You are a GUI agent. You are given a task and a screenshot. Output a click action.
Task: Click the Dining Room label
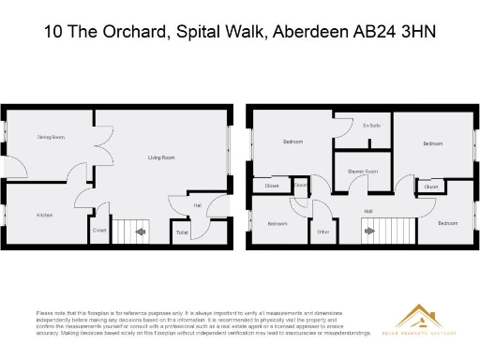[x=51, y=137]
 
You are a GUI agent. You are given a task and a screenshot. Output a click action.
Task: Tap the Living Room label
[x=161, y=157]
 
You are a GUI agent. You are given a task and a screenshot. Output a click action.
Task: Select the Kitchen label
[x=44, y=215]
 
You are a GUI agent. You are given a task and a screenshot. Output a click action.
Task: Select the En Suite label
[x=371, y=125]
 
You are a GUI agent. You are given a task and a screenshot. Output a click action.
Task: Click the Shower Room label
[x=362, y=172]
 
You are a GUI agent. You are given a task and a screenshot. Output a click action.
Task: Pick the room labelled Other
[x=323, y=231]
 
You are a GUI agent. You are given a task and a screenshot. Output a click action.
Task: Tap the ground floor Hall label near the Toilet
[x=198, y=204]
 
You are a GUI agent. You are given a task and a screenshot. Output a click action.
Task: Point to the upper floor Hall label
[x=368, y=211]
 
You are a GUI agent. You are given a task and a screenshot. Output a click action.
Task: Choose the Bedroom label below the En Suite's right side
[x=432, y=143]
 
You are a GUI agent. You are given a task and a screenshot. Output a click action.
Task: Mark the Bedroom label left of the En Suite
[x=292, y=142]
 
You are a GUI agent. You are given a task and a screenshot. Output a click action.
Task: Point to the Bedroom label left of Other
[x=277, y=223]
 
